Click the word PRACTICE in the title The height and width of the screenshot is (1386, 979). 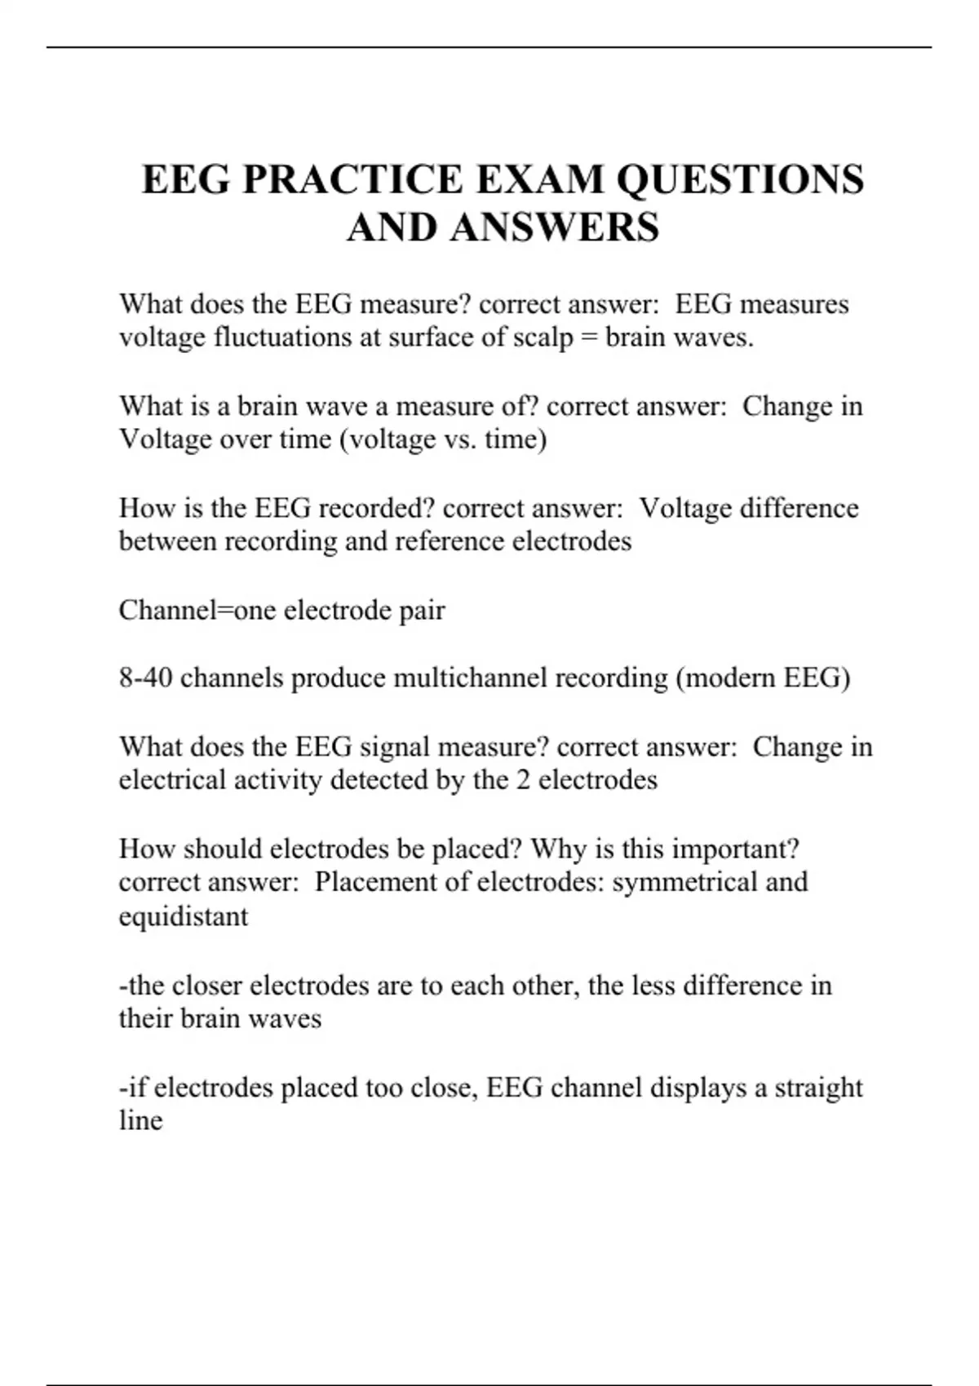352,179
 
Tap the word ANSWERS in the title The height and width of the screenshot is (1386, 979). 554,227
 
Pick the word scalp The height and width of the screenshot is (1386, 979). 543,338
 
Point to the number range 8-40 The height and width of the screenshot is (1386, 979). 145,678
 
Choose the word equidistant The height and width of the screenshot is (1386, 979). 184,916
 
